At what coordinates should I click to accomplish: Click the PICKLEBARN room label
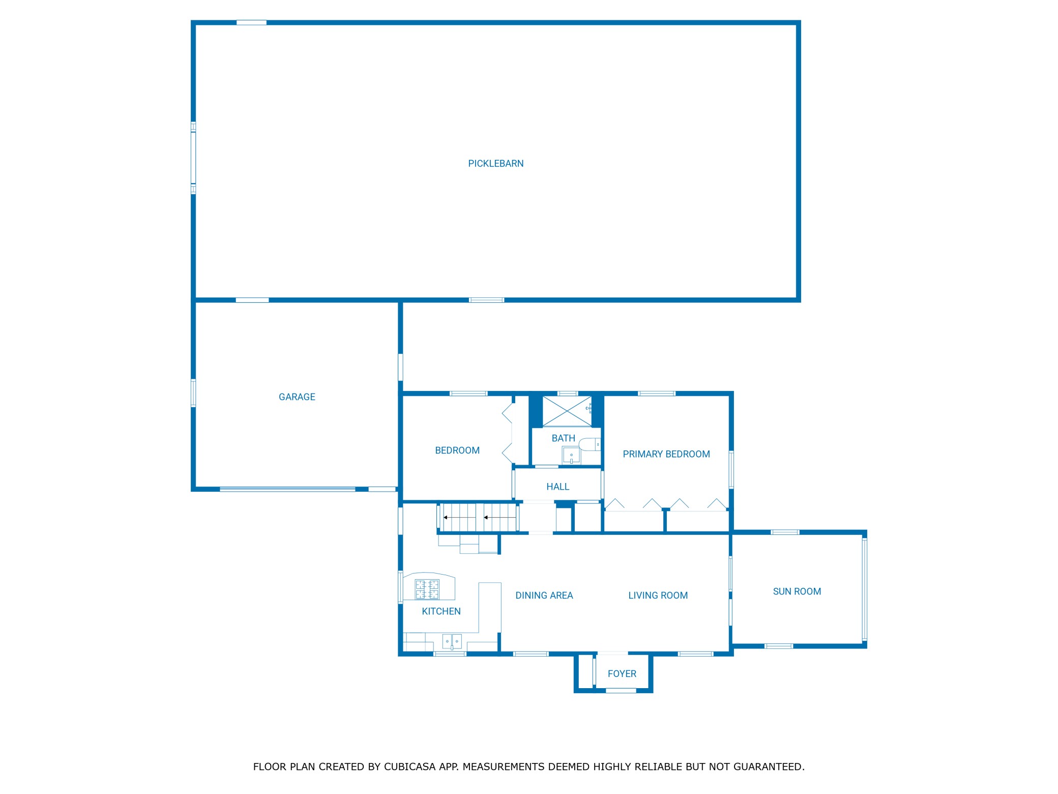click(495, 163)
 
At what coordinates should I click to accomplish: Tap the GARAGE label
click(297, 397)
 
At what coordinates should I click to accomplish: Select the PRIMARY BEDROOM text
click(666, 454)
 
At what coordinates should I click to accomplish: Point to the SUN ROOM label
click(797, 591)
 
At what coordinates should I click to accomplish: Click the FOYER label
click(622, 674)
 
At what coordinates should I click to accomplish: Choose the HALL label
click(557, 487)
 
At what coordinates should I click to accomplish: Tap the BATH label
click(563, 438)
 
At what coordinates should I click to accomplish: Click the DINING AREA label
click(544, 595)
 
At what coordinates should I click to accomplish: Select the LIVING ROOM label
click(658, 595)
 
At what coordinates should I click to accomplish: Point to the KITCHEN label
click(441, 611)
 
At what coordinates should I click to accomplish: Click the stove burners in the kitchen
click(427, 589)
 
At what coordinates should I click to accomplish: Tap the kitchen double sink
click(452, 641)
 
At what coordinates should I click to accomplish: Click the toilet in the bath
click(590, 444)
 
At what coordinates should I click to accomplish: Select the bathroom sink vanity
click(571, 456)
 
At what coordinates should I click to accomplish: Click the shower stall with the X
click(567, 411)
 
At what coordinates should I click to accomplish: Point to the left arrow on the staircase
click(460, 518)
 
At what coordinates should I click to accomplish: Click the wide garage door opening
click(287, 489)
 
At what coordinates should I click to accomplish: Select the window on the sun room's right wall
click(864, 589)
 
